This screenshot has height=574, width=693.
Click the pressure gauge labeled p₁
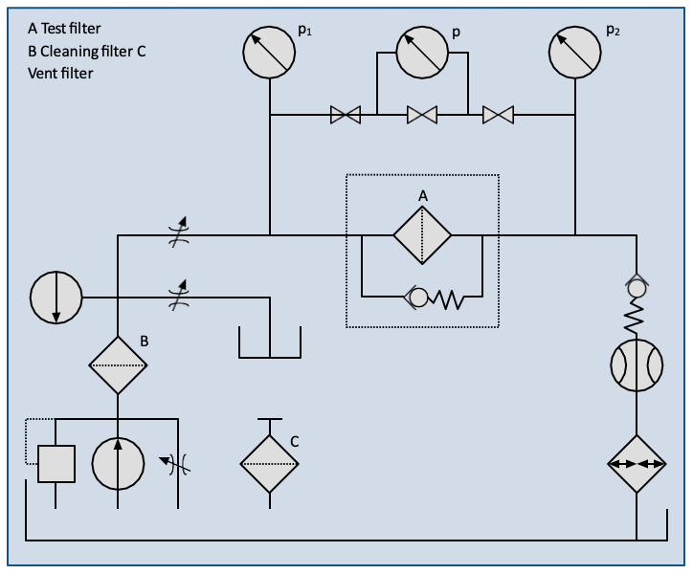271,53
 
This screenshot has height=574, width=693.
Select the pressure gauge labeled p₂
576,53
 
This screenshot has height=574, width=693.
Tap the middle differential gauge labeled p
422,53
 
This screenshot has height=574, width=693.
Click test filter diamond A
422,233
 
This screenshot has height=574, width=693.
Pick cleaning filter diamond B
118,364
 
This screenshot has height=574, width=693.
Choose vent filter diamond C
270,463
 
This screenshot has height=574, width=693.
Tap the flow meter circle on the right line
637,364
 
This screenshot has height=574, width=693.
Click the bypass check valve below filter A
417,298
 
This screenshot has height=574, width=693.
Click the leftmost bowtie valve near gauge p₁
346,116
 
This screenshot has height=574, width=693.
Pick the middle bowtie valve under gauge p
422,116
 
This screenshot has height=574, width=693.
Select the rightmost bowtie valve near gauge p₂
498,116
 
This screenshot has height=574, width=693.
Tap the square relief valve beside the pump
56,464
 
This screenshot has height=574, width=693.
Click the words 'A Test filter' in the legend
64,29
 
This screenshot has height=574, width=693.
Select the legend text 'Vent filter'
60,73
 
